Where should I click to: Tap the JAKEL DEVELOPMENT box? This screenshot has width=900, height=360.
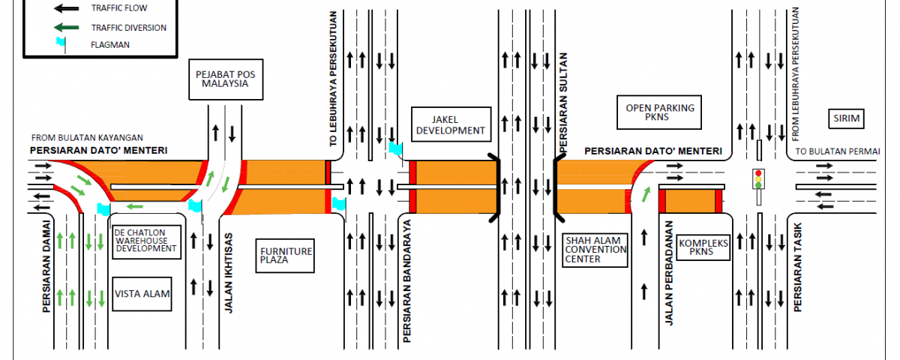click(449, 124)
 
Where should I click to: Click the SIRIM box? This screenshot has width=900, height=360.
click(847, 118)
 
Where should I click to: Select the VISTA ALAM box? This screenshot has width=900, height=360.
click(142, 295)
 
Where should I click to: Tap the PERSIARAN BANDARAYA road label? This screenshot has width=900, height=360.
click(406, 282)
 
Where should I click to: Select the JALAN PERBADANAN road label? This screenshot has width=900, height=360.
click(670, 273)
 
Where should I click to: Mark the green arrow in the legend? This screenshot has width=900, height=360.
click(67, 28)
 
